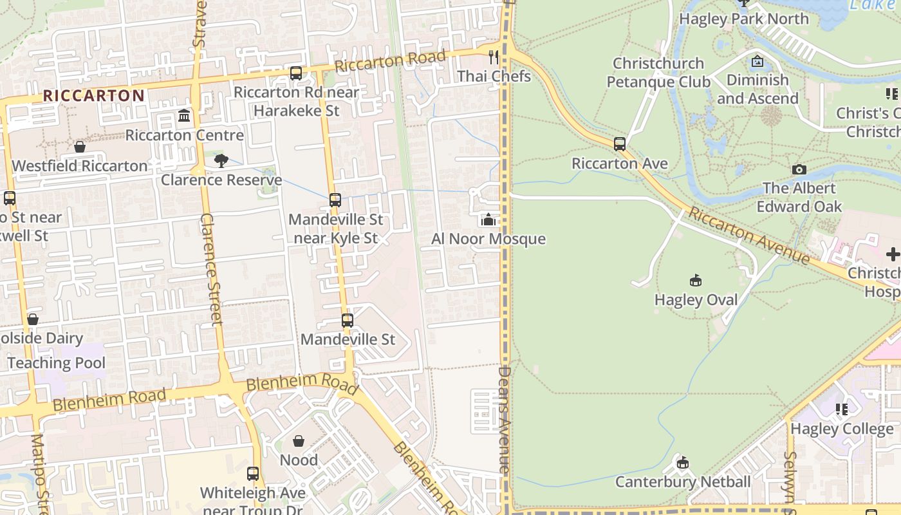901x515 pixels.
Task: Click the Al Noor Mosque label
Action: (x=488, y=239)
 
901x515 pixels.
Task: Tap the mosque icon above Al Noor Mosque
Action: (x=488, y=220)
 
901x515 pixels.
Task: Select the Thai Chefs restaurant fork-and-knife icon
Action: (x=494, y=57)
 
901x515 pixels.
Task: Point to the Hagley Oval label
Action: (x=696, y=300)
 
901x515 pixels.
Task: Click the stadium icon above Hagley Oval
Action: (x=696, y=281)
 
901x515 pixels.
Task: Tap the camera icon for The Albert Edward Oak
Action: (x=799, y=169)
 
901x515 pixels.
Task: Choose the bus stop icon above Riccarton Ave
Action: (x=620, y=144)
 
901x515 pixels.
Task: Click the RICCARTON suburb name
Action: (x=94, y=96)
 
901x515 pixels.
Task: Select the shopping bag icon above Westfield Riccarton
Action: (x=80, y=147)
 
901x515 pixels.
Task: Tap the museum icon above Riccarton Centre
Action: (x=184, y=116)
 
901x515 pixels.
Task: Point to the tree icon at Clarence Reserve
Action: (x=221, y=161)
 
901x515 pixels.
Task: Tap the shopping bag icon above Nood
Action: (x=299, y=441)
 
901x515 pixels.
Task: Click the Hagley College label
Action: (x=842, y=429)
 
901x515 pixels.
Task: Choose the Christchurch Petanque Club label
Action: (x=658, y=73)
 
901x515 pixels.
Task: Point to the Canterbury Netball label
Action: (x=683, y=482)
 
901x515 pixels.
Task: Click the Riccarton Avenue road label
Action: (x=749, y=235)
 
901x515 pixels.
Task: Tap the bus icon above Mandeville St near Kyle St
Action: (x=335, y=200)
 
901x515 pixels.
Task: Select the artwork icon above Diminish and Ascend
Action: (x=757, y=61)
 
